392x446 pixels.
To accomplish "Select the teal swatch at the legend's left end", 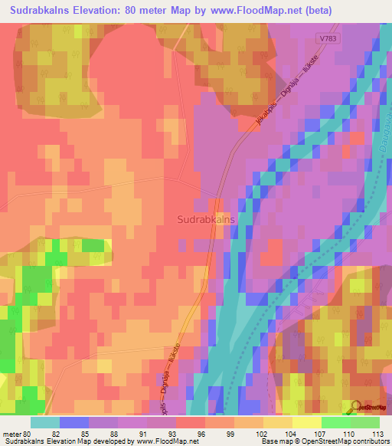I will coord(45,422).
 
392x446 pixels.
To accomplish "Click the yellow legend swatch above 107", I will coord(307,422).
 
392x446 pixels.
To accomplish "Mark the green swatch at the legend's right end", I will coord(365,422).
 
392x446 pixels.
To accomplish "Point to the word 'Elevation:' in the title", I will coord(109,11).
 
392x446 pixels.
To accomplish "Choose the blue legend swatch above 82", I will coord(74,422).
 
